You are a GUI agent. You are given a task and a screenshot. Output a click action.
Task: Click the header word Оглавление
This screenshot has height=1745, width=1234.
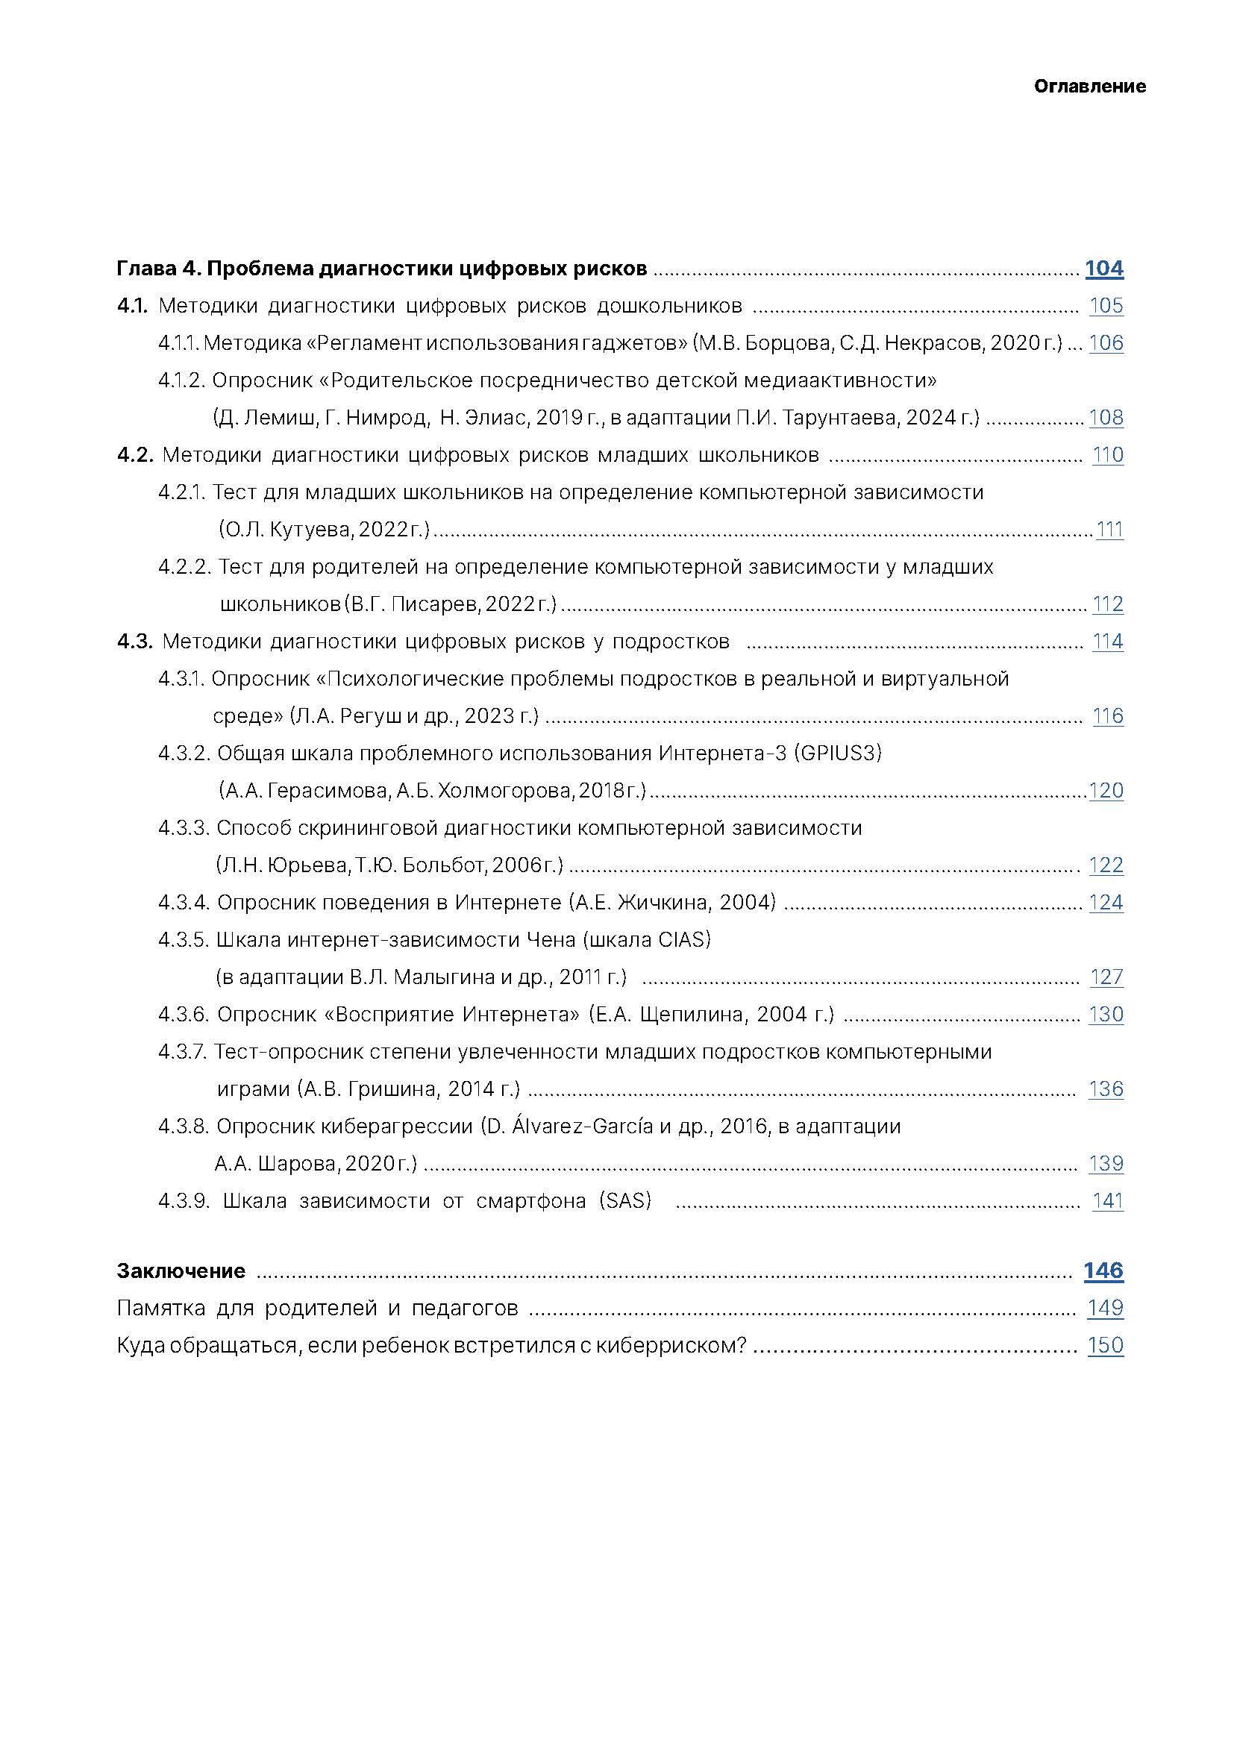[1089, 87]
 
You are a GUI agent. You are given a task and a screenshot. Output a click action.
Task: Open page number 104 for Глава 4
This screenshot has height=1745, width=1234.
[1103, 269]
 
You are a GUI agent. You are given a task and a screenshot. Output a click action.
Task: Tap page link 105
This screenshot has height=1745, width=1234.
[1106, 306]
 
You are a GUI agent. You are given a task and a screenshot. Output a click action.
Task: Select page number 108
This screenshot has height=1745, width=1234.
[1106, 417]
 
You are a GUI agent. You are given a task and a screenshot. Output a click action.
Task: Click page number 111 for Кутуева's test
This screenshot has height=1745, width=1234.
[1109, 529]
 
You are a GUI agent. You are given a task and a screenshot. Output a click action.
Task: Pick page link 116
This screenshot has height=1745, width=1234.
[1107, 715]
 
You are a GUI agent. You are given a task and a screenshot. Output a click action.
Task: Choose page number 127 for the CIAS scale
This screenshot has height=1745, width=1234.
[1106, 977]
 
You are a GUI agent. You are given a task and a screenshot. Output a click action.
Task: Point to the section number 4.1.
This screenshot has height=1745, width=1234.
[132, 306]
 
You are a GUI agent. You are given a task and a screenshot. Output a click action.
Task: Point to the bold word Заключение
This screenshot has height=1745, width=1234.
[181, 1271]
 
